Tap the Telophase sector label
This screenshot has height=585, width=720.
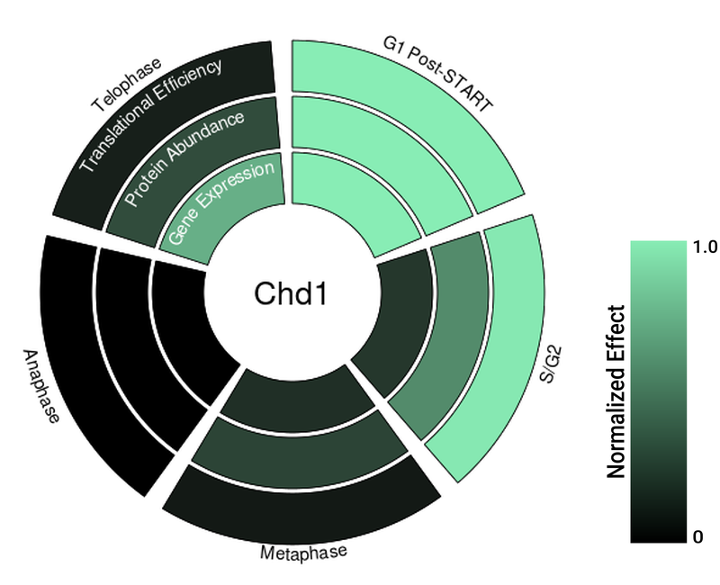[126, 85]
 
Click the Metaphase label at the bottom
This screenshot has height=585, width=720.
[303, 551]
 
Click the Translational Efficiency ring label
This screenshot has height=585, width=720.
[150, 116]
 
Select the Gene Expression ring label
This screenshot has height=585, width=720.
[221, 204]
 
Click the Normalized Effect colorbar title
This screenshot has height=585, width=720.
[616, 391]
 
